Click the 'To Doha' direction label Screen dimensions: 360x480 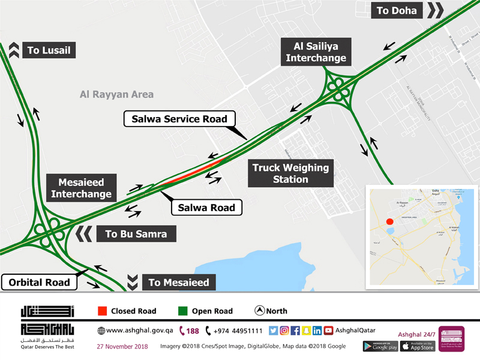(398, 10)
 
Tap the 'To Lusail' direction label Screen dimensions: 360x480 (49, 50)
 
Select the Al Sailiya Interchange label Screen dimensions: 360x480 (316, 52)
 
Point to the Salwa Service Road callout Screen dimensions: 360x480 (179, 119)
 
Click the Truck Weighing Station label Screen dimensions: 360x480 (290, 173)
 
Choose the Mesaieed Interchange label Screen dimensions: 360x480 (81, 188)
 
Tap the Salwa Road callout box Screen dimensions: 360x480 (207, 208)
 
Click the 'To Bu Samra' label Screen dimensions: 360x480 (136, 234)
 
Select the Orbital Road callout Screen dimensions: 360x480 (40, 282)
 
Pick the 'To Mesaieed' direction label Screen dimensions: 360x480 (178, 282)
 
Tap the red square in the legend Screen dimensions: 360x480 (102, 311)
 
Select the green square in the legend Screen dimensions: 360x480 (183, 311)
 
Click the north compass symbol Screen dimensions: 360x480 (260, 311)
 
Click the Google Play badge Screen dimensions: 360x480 (380, 346)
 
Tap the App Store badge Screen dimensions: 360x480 (418, 346)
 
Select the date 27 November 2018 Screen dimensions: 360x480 (122, 346)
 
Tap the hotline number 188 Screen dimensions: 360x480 (190, 331)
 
